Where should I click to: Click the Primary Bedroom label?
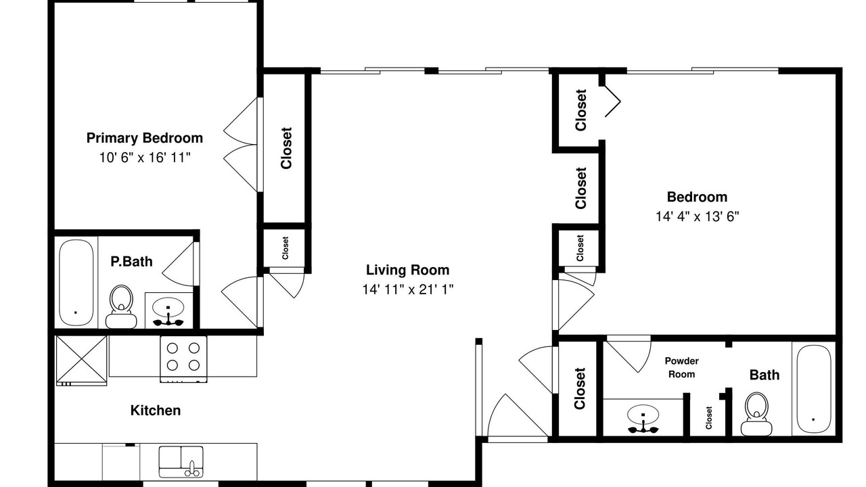(145, 138)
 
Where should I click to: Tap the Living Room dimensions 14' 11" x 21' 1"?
(407, 289)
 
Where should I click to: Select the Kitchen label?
(156, 410)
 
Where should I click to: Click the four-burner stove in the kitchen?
(183, 359)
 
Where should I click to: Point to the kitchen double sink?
(181, 461)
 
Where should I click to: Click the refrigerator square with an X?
(81, 361)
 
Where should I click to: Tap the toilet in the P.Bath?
(121, 307)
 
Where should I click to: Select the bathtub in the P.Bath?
(76, 283)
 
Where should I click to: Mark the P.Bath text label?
(131, 262)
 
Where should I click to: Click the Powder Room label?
(681, 367)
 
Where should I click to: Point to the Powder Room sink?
(643, 418)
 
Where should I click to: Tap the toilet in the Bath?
(756, 414)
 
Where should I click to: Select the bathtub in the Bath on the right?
(814, 389)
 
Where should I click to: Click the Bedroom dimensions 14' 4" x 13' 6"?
(697, 216)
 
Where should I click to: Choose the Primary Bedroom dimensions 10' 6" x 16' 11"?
(145, 158)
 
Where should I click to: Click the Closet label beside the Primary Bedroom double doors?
(286, 148)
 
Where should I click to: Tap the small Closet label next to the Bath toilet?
(708, 417)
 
